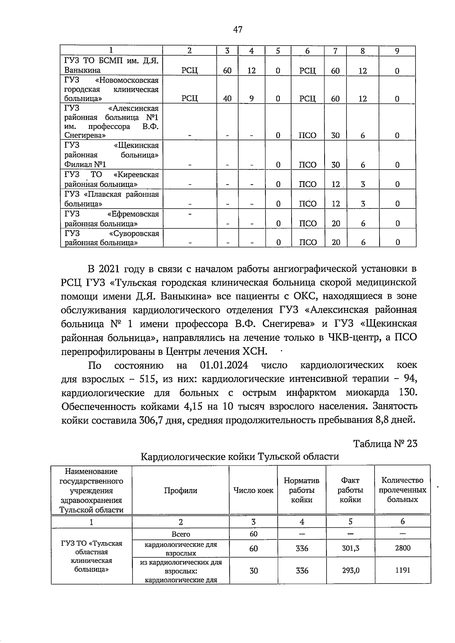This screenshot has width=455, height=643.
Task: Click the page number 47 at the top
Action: (238, 29)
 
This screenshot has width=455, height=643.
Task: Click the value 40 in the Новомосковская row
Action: (227, 99)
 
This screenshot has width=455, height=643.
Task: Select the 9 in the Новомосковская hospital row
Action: (251, 99)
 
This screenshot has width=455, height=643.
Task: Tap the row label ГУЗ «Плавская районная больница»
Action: (111, 199)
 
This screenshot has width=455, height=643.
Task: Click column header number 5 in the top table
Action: (278, 51)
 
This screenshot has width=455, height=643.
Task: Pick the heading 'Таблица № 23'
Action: (385, 443)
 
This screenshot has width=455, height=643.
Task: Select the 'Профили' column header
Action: (180, 490)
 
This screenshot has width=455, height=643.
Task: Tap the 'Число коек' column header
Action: (253, 490)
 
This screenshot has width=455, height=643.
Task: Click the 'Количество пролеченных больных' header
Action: (402, 490)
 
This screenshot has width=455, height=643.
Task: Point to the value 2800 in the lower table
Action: (402, 548)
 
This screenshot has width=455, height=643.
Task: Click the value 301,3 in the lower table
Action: (350, 548)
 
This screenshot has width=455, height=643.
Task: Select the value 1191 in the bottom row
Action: (402, 570)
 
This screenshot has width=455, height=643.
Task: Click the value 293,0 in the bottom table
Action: (350, 570)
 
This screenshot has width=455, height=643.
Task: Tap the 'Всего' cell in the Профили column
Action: (180, 534)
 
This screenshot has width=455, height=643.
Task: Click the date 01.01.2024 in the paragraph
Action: (224, 365)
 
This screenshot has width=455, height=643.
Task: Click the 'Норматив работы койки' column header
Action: (301, 490)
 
